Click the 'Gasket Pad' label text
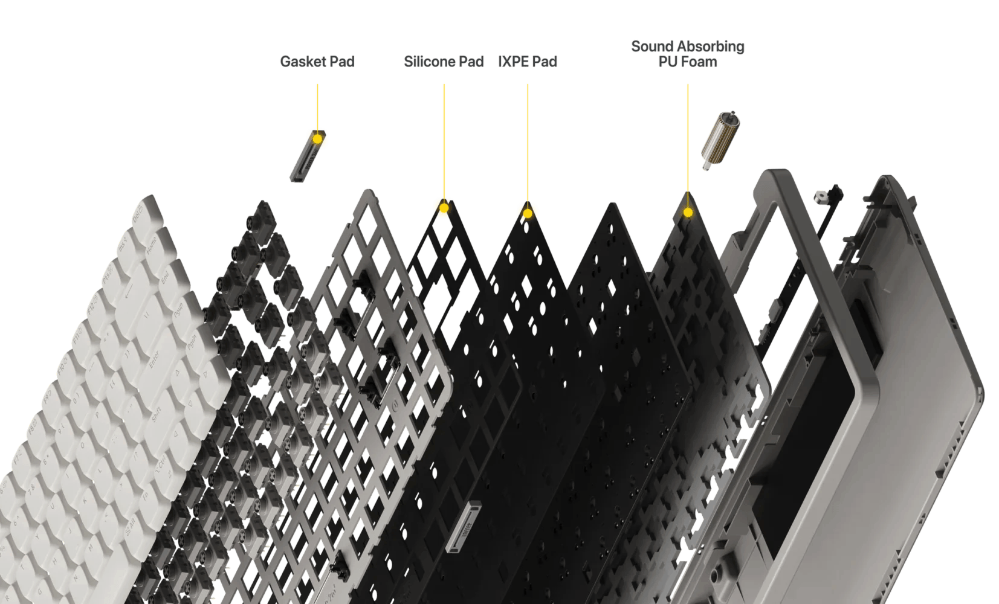point(317,61)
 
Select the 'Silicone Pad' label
point(444,61)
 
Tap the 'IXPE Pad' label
point(528,61)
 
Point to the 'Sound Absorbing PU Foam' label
point(688,54)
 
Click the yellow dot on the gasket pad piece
point(317,139)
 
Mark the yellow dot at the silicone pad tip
point(444,209)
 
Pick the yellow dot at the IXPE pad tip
point(528,213)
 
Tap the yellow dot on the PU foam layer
point(688,213)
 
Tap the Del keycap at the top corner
point(138,216)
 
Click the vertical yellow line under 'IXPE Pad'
point(528,145)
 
